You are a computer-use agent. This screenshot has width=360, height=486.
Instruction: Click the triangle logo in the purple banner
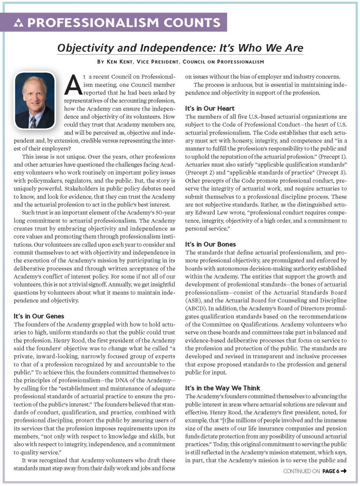pyautogui.click(x=19, y=23)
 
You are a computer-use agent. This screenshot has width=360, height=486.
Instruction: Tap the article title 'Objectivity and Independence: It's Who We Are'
pyautogui.click(x=180, y=48)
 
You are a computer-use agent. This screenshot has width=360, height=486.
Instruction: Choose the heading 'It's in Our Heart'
pyautogui.click(x=209, y=108)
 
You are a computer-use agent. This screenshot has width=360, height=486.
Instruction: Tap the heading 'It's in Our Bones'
pyautogui.click(x=210, y=244)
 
